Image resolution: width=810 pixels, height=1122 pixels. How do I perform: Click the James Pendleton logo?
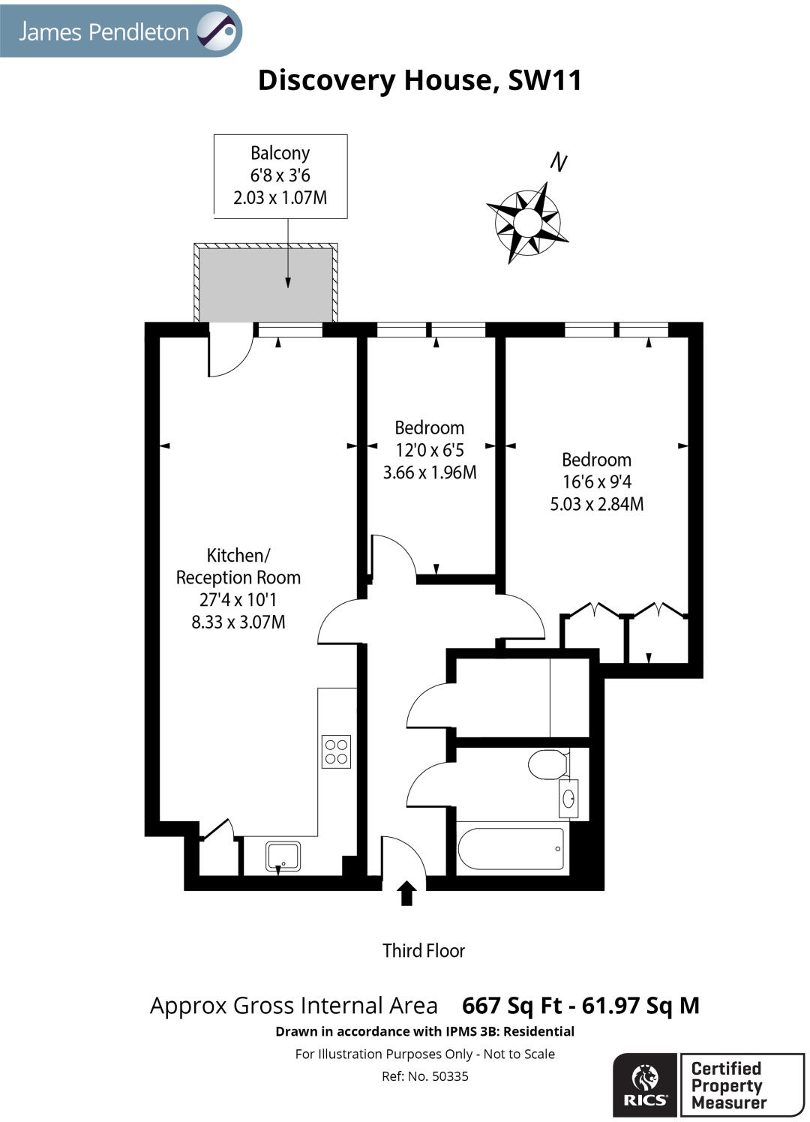point(121,31)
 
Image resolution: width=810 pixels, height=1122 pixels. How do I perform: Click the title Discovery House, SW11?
point(419,80)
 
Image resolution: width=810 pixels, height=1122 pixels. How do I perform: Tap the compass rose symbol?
point(528,223)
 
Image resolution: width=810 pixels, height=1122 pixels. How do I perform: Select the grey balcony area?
point(265,283)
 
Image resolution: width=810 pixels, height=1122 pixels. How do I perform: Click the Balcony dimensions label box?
point(280,176)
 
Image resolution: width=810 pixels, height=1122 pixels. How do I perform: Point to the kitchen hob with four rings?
point(336,751)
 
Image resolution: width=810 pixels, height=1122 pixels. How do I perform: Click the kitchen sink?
point(283,856)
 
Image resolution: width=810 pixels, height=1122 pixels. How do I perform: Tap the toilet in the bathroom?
point(548,765)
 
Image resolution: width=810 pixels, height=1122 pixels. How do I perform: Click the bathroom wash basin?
point(568,797)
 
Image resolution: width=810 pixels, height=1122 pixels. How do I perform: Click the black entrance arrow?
point(406,893)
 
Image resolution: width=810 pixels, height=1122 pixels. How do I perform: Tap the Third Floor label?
point(424,951)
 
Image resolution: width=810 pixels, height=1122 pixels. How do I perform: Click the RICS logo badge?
point(644,1084)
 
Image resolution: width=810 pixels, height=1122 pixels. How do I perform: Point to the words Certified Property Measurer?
point(727,1085)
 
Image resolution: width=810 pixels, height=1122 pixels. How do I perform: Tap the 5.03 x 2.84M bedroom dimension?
point(597,504)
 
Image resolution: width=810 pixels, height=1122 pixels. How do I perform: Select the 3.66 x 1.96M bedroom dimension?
point(430,472)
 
